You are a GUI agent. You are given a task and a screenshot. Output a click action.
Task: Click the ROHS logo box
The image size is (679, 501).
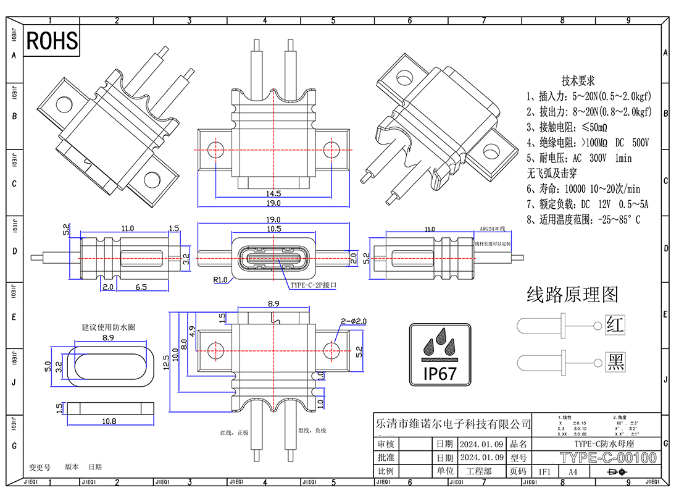pos(52,41)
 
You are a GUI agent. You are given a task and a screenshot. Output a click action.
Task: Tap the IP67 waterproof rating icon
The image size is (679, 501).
pos(440,353)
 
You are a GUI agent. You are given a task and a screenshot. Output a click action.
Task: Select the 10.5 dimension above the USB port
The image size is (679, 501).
pos(274,229)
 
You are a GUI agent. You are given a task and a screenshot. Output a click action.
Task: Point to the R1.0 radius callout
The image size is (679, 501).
pos(221,280)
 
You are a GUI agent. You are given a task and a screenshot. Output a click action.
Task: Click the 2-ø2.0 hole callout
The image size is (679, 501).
pos(353,321)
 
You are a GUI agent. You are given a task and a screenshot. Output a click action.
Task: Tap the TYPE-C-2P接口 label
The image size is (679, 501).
pos(314,286)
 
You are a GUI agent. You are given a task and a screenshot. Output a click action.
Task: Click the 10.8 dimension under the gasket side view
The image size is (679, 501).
pos(108,421)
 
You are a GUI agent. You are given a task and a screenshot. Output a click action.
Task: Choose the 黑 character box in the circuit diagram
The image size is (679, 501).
pos(615,361)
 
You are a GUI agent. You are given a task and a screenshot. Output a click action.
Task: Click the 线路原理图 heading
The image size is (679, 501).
pos(572,295)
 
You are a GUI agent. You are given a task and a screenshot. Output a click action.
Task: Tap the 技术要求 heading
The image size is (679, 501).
pos(578,81)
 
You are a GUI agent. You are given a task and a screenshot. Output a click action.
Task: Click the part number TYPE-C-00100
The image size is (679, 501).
pos(607,458)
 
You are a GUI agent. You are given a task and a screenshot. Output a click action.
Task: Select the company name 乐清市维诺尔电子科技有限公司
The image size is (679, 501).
pos(453,424)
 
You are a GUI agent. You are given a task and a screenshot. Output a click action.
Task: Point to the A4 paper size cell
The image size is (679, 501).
pos(572,471)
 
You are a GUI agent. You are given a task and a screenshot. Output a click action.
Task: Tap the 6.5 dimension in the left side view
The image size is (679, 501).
pos(140,287)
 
